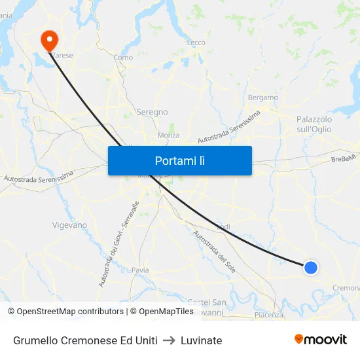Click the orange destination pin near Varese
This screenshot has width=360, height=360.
tap(49, 40)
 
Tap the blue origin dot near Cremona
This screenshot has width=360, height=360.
tap(311, 267)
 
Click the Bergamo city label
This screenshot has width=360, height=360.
tap(263, 98)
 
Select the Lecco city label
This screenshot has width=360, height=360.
tap(196, 43)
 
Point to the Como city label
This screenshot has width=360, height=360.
tap(123, 58)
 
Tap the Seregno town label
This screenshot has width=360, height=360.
tap(152, 112)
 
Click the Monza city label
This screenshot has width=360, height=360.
tap(168, 135)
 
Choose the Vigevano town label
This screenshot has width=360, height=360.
tap(69, 225)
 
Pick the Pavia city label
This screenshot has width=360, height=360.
tap(140, 270)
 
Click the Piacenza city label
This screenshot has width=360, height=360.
tap(269, 315)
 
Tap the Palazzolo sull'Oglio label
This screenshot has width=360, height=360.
tap(314, 124)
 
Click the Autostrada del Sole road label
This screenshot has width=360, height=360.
tap(214, 251)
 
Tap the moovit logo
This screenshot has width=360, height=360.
tap(320, 340)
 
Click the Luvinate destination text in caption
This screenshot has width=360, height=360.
tap(202, 340)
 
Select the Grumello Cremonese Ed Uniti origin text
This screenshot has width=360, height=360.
tap(85, 340)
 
